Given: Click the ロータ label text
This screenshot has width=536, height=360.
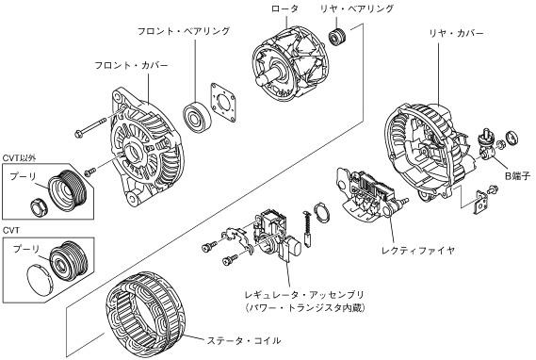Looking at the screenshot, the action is [284, 8].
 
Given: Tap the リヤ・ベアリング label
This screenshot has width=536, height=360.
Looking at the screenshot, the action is [357, 8].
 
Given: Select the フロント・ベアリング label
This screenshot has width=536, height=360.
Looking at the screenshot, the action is [184, 31].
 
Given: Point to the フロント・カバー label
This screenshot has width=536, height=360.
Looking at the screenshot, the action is [132, 65].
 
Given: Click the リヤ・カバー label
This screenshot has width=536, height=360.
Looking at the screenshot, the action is [457, 34].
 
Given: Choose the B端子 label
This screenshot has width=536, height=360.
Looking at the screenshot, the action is [517, 175].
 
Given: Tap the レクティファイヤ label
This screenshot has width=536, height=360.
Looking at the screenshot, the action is [418, 251].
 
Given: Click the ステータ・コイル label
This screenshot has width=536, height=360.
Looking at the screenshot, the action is [244, 340].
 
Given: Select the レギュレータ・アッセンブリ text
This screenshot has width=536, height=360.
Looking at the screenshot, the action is [304, 294].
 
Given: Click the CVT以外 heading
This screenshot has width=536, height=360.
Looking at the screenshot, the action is [19, 158].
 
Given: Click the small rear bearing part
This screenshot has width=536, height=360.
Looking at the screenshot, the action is [338, 36].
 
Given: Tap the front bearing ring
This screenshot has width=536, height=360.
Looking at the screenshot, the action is [197, 118].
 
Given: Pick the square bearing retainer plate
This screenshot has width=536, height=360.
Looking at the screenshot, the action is [224, 102].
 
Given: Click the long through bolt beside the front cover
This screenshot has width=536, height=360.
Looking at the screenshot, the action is [91, 126].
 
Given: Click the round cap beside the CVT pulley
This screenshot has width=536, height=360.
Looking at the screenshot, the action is [40, 279].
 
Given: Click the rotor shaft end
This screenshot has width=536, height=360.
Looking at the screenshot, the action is [262, 82].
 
